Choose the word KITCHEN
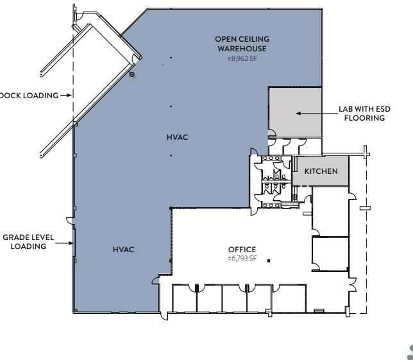point(321,171)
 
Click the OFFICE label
point(242,250)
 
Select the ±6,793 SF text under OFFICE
point(242,259)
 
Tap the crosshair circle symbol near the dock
point(133,75)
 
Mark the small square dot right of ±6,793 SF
point(269,260)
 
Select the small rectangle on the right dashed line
point(364,208)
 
